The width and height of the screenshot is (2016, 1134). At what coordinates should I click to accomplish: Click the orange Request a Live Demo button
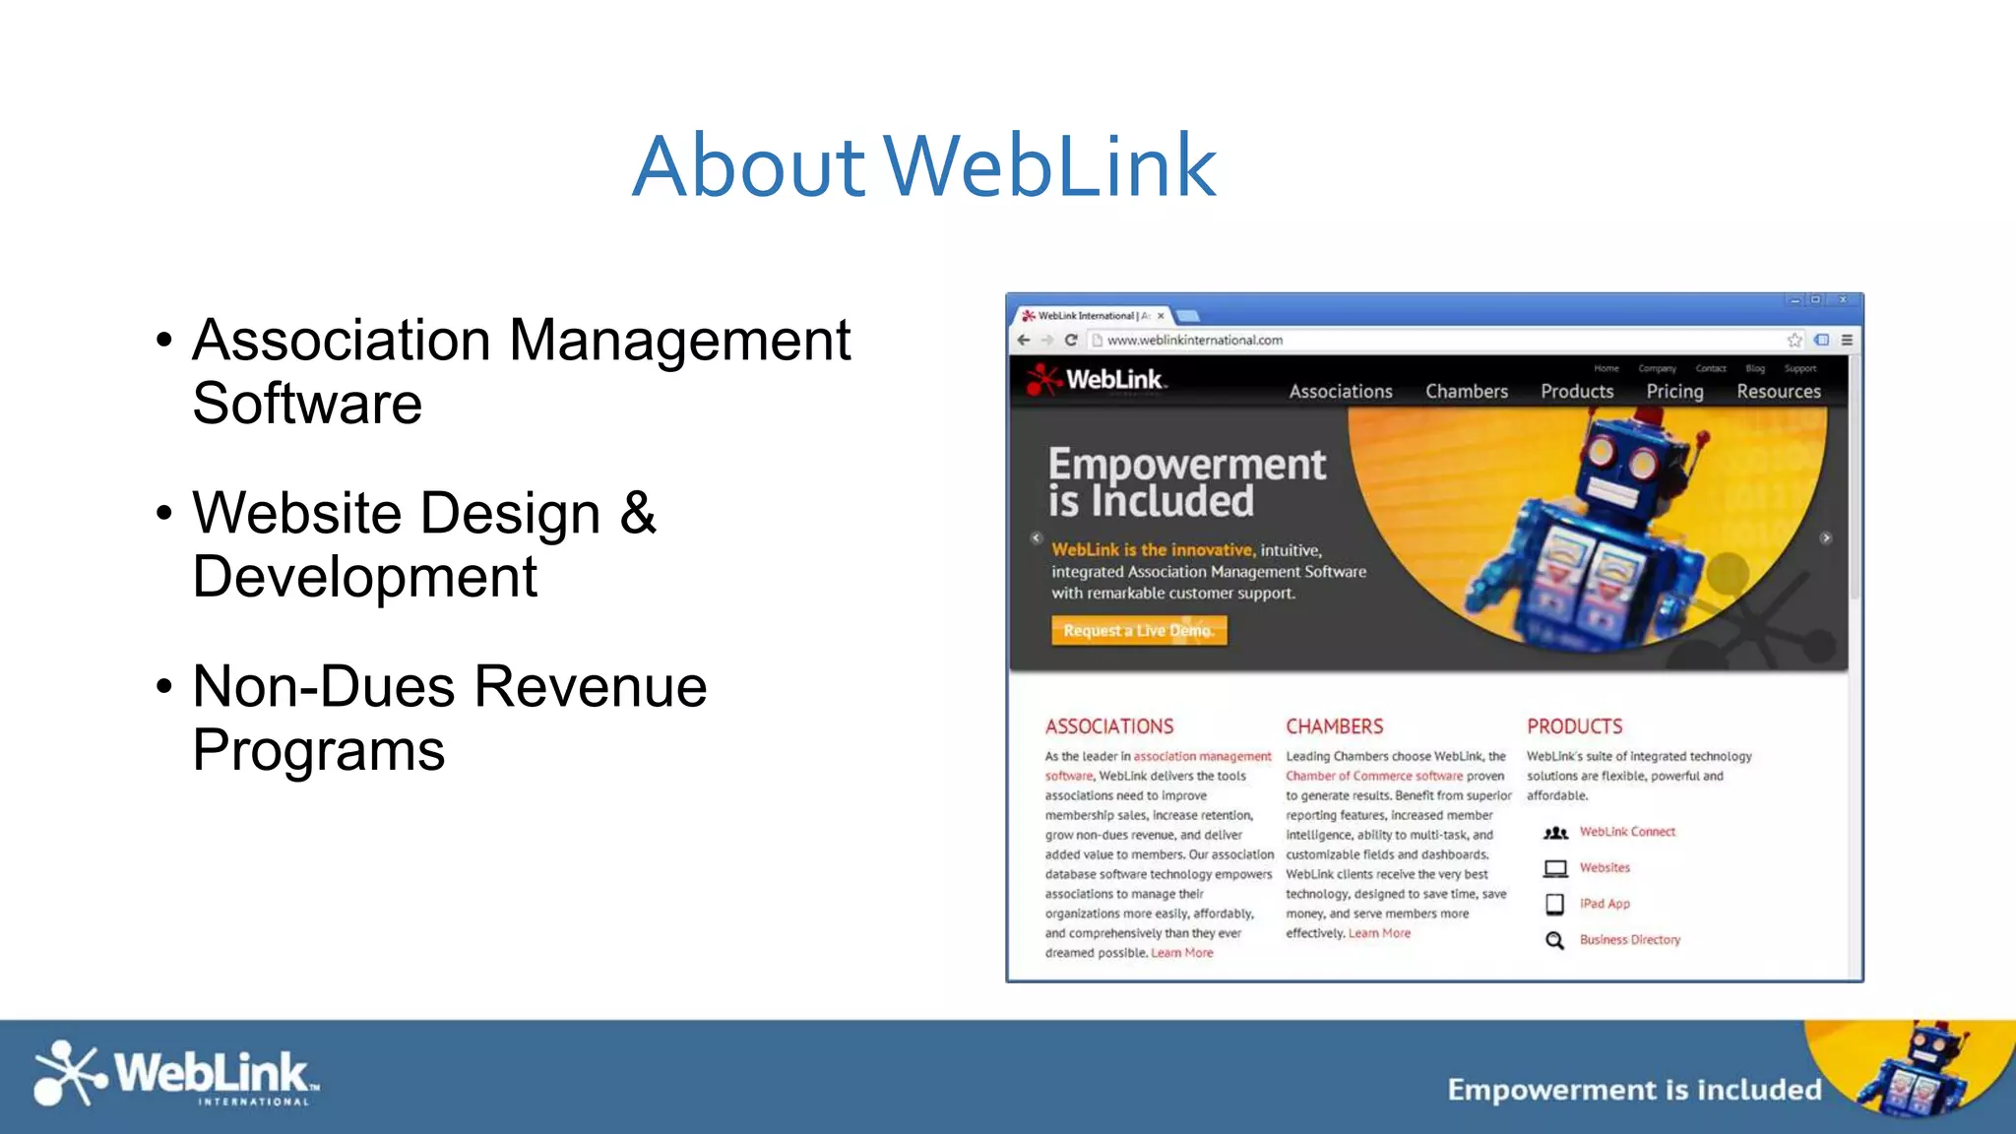pos(1139,630)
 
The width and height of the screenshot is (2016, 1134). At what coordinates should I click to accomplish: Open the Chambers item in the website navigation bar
pos(1466,391)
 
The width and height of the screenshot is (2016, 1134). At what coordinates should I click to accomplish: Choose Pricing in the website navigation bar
pos(1674,391)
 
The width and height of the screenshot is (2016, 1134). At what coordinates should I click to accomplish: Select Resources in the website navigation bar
pos(1778,391)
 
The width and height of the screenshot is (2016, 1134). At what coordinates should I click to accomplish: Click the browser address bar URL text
pos(1194,341)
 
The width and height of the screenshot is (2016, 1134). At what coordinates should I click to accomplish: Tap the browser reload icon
pos(1071,340)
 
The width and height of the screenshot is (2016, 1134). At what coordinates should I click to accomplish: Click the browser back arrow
pos(1024,340)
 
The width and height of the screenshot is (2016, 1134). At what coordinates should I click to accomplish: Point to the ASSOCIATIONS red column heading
pos(1109,726)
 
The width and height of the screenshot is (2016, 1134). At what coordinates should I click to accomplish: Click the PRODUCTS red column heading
pos(1574,726)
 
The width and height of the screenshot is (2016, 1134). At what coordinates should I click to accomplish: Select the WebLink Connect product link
pos(1627,832)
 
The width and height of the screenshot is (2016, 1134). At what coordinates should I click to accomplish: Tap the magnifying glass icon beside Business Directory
pos(1554,940)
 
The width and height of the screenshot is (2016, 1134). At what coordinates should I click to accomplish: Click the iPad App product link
pos(1605,904)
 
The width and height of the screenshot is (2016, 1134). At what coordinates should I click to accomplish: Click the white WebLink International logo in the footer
pos(175,1074)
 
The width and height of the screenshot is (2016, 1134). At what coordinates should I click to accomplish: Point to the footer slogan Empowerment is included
pos(1634,1090)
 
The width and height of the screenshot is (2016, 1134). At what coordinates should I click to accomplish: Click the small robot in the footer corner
pos(1915,1072)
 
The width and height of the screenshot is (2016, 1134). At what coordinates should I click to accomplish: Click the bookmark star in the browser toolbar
pos(1795,340)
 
